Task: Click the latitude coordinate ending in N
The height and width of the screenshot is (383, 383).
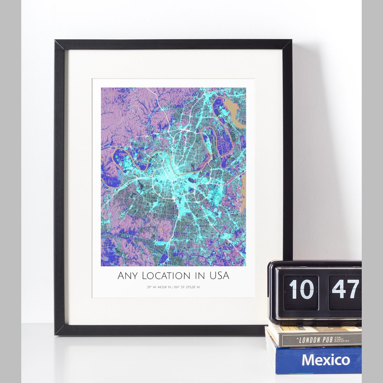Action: (159, 287)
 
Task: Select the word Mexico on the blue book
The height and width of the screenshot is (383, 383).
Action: (326, 360)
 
